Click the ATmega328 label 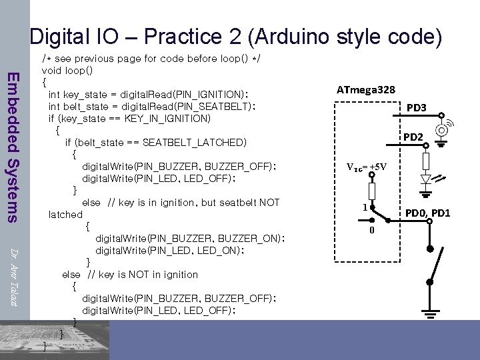tap(365, 89)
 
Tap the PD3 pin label tap(417, 107)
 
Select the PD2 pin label tap(413, 137)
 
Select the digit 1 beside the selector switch tap(365, 207)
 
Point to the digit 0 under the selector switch tap(373, 231)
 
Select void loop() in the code tap(67, 70)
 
